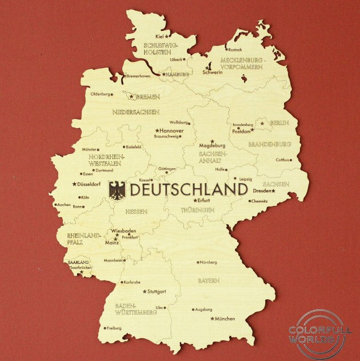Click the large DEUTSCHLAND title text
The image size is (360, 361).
[187, 189]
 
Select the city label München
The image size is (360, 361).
[225, 319]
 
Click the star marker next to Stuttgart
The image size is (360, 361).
[145, 291]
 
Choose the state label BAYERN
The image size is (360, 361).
[209, 281]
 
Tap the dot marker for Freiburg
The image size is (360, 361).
[105, 328]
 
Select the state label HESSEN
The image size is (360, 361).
[135, 211]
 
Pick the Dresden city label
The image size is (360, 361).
[262, 191]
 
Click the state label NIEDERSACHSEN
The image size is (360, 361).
[135, 112]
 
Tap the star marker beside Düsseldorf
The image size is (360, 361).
[74, 184]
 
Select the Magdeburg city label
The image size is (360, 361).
[213, 146]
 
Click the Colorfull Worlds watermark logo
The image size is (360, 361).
[316, 335]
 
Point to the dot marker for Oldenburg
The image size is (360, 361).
[111, 94]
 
